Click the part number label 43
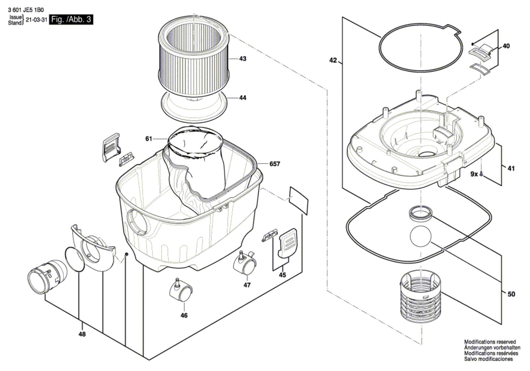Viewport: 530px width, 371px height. (242, 59)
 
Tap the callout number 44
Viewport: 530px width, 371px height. (242, 98)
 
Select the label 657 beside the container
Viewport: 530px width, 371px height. (275, 164)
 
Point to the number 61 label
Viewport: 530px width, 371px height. (148, 139)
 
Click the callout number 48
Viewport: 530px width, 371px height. (82, 334)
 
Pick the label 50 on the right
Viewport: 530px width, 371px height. (511, 294)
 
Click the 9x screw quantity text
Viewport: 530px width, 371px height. (474, 174)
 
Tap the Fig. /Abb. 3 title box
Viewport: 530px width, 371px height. (71, 20)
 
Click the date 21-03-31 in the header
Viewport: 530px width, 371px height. (36, 20)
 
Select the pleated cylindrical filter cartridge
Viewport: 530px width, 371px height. (193, 60)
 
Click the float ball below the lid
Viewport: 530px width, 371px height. (420, 236)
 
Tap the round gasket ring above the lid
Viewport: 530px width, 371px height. (420, 48)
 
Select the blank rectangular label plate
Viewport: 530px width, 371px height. (298, 200)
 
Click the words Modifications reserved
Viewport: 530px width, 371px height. (490, 342)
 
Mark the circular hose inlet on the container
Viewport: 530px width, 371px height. (137, 221)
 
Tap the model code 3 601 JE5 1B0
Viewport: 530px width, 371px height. (26, 10)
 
